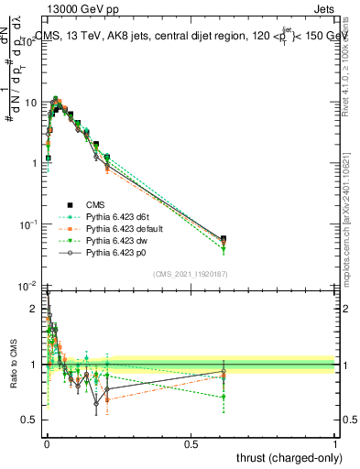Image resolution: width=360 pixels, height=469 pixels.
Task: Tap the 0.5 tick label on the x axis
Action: pyautogui.click(x=191, y=443)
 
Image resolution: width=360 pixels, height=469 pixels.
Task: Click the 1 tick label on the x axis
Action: pyautogui.click(x=336, y=443)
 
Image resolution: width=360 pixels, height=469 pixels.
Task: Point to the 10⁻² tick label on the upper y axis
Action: pyautogui.click(x=29, y=286)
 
